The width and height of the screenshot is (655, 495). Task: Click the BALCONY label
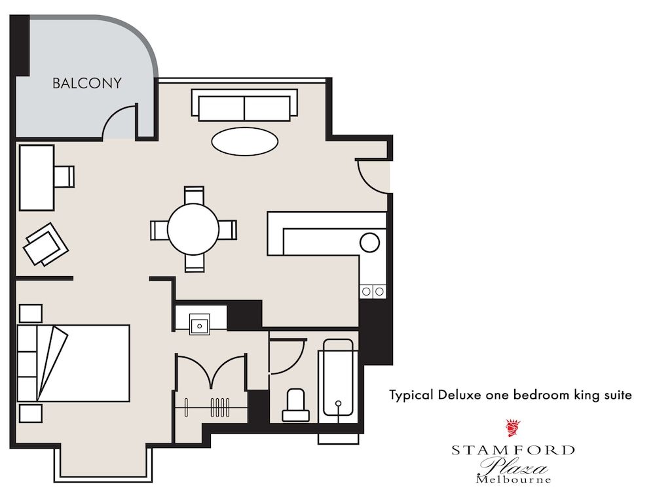(87, 83)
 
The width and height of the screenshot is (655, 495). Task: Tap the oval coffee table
(244, 141)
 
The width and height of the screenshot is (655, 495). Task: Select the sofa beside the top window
(244, 105)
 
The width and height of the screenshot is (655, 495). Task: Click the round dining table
(193, 229)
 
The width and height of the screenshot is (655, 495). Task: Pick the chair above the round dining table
(194, 195)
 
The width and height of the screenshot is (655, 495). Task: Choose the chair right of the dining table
(227, 230)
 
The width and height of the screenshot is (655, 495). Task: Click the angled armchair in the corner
(45, 245)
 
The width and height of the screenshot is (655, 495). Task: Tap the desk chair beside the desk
(64, 177)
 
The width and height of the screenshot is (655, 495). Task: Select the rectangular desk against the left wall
(36, 177)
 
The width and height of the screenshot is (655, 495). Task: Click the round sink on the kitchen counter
(369, 243)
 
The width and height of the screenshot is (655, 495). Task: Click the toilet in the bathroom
(295, 405)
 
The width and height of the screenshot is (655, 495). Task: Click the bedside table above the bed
(30, 313)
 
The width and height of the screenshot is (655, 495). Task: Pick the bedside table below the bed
(30, 413)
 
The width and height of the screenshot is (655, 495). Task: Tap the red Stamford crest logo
(512, 428)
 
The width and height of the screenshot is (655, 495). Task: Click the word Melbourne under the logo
(513, 479)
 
